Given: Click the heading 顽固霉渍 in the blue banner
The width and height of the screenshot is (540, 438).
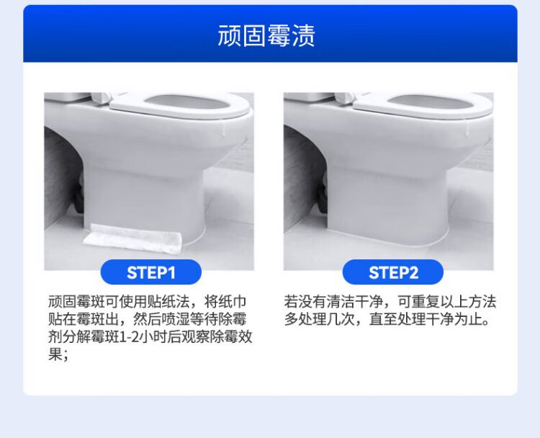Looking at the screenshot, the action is (x=266, y=35).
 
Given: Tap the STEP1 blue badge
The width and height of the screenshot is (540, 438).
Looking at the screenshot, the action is (x=151, y=272).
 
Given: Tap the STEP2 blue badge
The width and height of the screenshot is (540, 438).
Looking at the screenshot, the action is (x=393, y=272).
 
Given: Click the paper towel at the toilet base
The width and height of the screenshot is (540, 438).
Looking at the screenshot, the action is (x=132, y=238).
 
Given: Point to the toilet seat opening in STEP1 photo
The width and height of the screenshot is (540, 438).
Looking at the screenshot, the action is (x=188, y=103).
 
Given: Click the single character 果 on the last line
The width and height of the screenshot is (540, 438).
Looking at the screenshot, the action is (x=55, y=354).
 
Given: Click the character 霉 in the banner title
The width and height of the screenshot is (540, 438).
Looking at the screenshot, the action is (x=279, y=35).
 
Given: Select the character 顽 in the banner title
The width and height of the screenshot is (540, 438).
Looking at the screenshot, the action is (x=230, y=35).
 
